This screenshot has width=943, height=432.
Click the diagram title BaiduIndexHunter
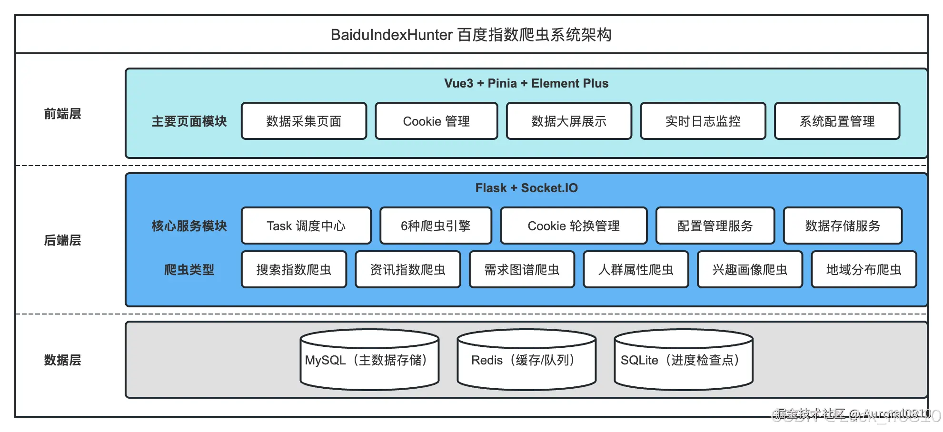tap(471, 35)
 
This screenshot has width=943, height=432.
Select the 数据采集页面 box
tap(304, 121)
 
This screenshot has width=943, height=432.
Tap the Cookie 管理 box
tap(436, 121)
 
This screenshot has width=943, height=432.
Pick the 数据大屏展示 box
tap(569, 121)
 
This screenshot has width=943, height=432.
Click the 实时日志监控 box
tap(703, 121)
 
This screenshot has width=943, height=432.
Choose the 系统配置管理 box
tap(837, 121)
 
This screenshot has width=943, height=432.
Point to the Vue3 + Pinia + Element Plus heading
tap(526, 83)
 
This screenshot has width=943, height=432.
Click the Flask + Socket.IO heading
tap(526, 188)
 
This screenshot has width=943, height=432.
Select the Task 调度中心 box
tap(306, 226)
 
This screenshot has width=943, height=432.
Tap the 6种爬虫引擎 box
tap(436, 226)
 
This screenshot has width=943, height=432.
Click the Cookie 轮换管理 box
tap(574, 226)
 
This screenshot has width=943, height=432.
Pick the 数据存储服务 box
tap(843, 226)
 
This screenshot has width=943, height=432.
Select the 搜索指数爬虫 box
tap(294, 270)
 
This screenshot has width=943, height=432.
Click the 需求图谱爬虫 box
tap(522, 270)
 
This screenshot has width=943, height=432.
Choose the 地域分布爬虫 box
tap(864, 270)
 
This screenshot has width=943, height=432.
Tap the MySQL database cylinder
tap(369, 360)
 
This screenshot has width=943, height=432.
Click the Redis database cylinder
tap(526, 360)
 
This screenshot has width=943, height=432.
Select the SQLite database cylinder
tap(683, 360)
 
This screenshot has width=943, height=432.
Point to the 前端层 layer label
tap(62, 114)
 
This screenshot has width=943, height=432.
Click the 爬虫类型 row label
tap(189, 270)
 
